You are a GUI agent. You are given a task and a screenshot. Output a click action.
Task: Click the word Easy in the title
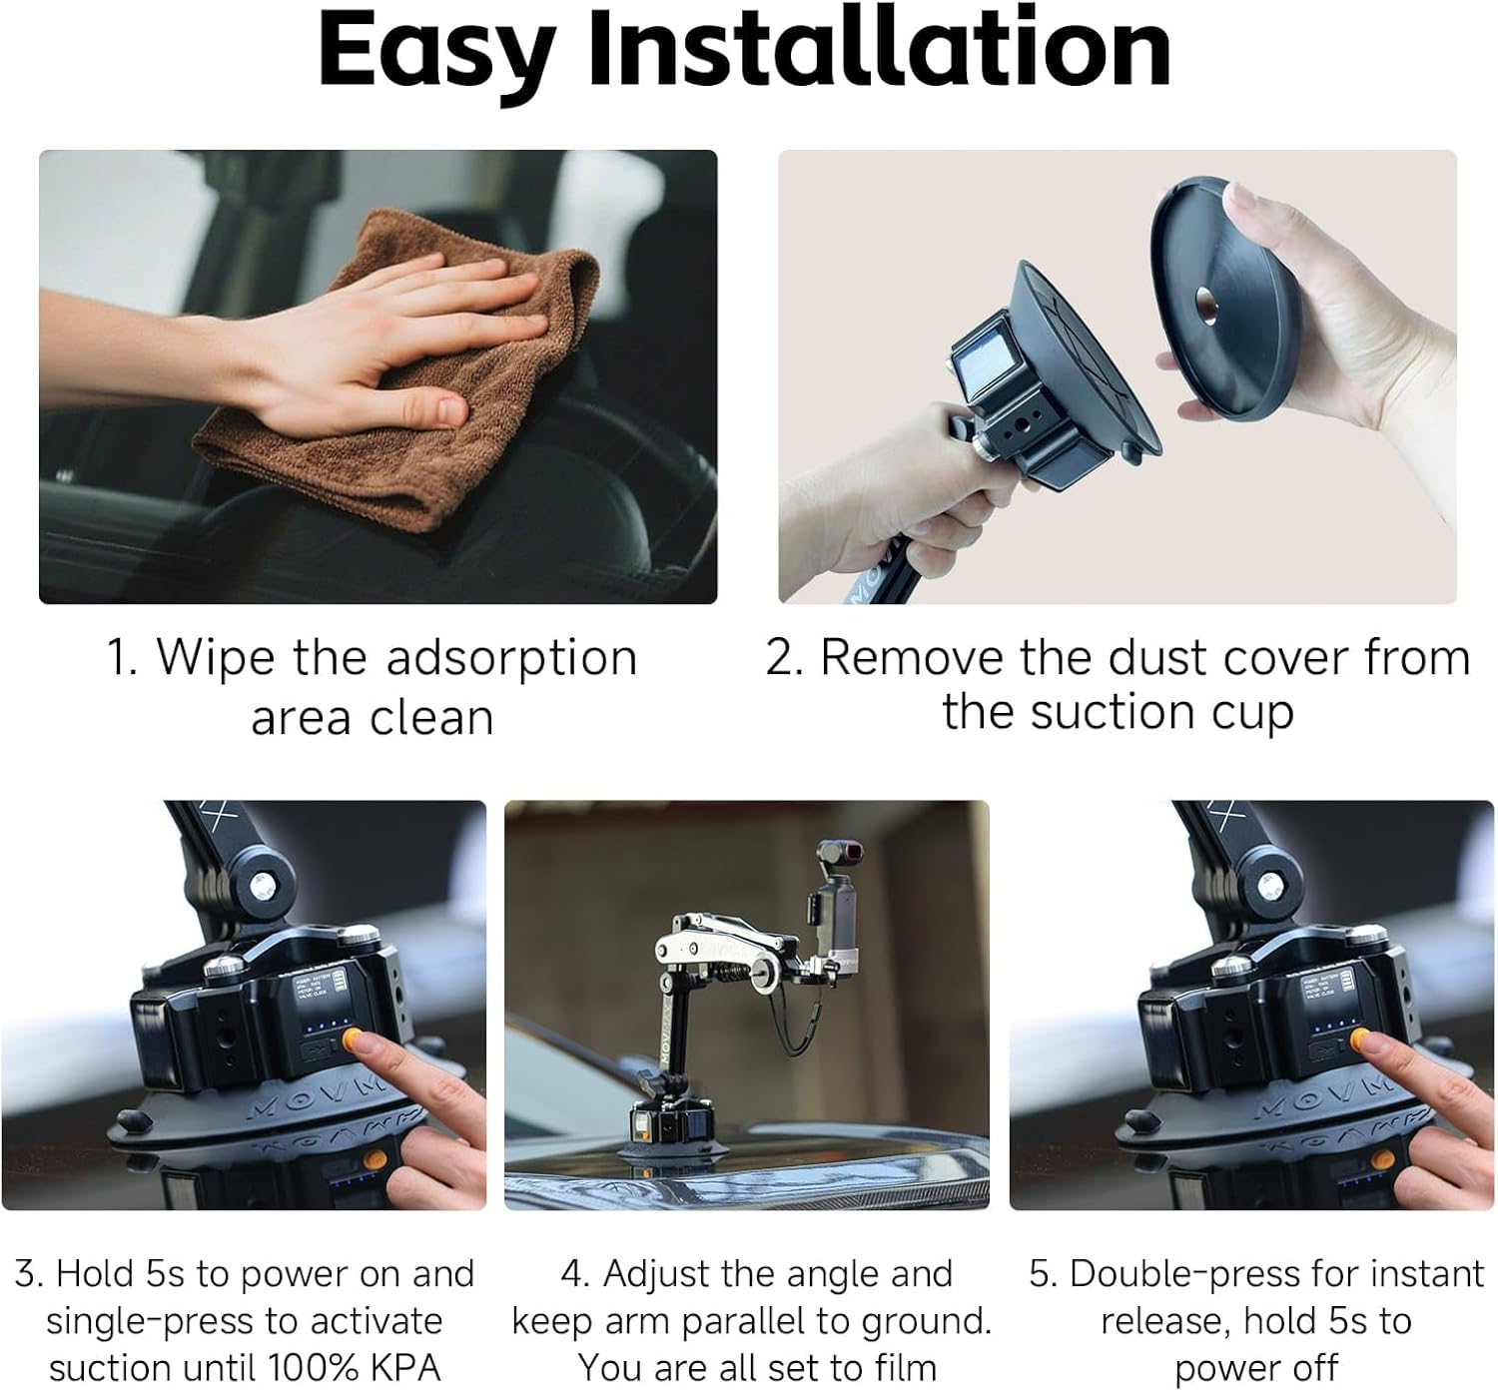click(434, 50)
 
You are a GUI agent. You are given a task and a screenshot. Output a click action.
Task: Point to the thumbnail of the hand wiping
click(377, 376)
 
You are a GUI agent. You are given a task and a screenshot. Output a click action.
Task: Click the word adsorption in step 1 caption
click(510, 658)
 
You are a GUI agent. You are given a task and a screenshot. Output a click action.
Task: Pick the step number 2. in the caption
click(785, 658)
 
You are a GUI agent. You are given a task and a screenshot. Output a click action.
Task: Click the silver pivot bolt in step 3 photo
click(263, 885)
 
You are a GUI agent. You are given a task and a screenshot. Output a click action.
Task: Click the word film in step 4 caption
click(901, 1367)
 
